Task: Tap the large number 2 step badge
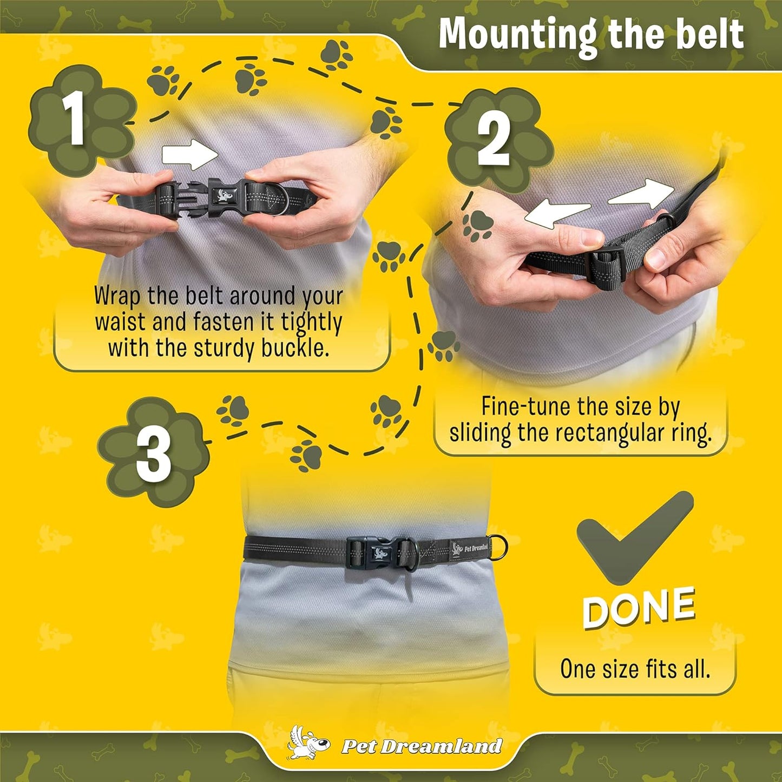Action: click(x=499, y=140)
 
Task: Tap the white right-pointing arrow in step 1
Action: click(x=190, y=155)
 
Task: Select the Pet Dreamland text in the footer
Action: click(x=422, y=746)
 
